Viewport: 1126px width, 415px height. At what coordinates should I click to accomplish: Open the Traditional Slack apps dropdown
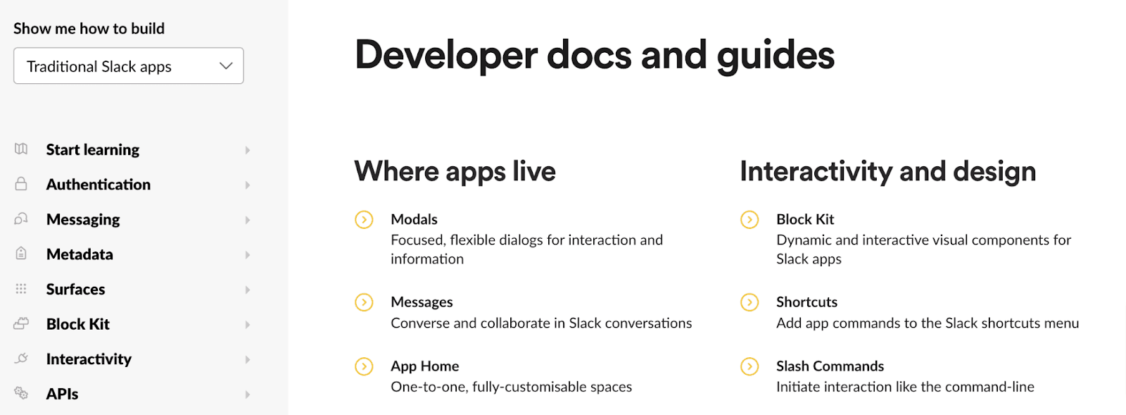point(128,66)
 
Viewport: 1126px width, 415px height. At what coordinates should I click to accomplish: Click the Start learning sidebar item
point(93,149)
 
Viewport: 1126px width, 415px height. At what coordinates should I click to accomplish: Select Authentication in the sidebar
point(99,185)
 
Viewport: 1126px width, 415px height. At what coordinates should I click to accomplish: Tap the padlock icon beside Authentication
point(21,184)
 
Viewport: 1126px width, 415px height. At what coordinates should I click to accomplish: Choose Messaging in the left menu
point(83,220)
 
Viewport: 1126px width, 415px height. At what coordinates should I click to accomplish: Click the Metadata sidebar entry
point(80,254)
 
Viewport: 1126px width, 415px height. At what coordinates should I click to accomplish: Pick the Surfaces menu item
point(75,290)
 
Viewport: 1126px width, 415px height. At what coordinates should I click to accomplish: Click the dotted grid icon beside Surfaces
point(21,289)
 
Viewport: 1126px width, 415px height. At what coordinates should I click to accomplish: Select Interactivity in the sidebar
point(89,359)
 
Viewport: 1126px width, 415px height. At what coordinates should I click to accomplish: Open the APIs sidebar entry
point(62,395)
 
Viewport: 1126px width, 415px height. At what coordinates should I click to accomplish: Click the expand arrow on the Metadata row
point(248,255)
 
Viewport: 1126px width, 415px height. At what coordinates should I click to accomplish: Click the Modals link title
point(414,220)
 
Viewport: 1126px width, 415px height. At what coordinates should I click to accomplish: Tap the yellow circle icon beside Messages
point(364,302)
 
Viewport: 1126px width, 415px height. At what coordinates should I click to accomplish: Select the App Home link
point(424,366)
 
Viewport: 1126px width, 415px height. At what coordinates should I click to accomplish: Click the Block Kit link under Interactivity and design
point(805,220)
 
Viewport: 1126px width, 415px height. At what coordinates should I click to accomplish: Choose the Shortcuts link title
point(806,302)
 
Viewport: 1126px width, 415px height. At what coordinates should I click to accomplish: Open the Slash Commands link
point(830,366)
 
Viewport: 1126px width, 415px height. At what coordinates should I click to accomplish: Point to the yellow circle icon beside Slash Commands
point(749,366)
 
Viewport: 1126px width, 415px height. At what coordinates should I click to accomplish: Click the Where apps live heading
point(455,171)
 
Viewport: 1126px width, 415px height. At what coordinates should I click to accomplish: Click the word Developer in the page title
point(446,55)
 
